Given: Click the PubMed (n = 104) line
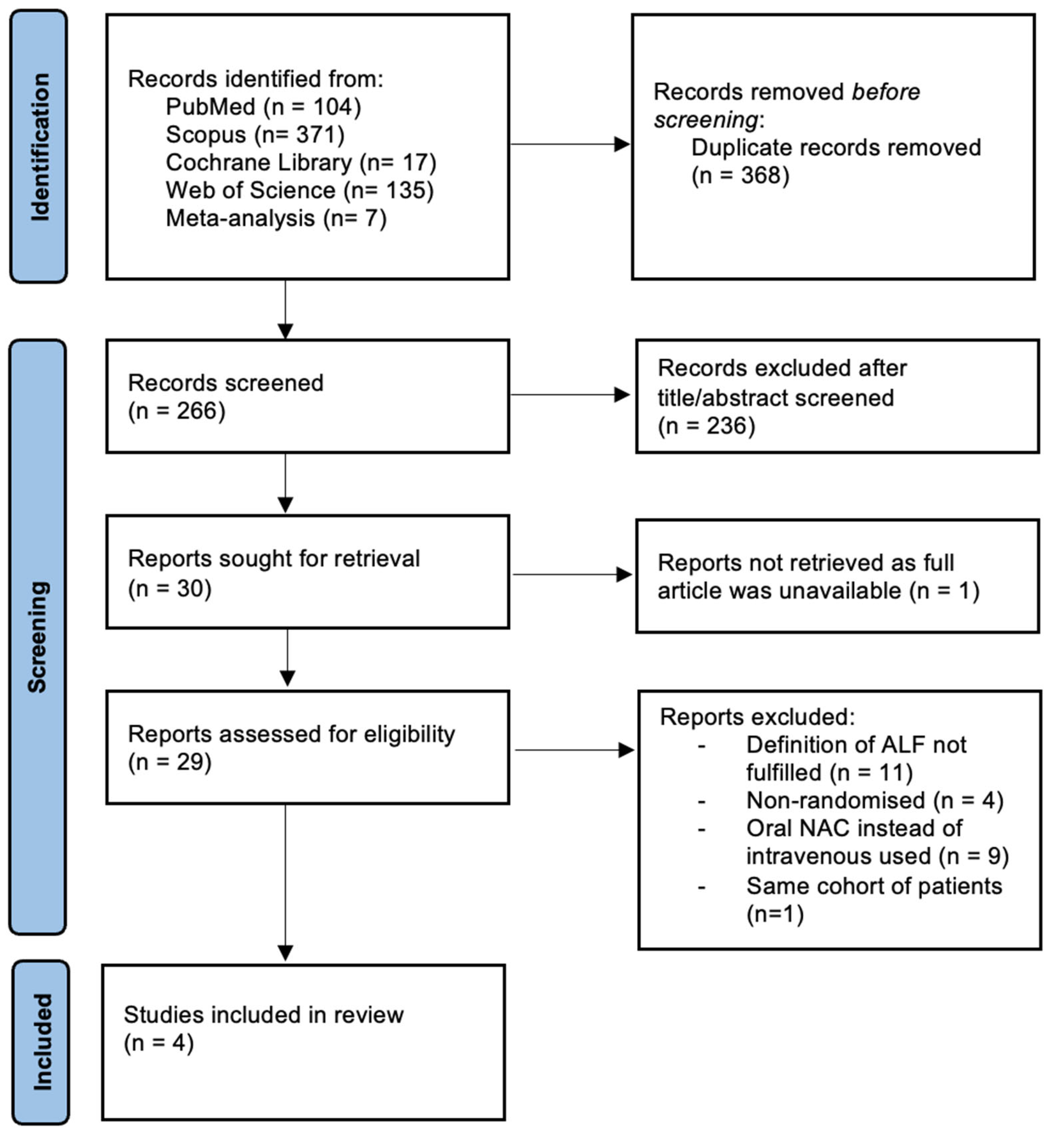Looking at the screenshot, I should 263,107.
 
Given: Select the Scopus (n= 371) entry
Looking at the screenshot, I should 255,135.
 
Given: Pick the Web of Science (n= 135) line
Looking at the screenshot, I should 299,191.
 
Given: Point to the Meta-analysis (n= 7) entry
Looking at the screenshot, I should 276,218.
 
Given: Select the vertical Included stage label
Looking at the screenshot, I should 41,1042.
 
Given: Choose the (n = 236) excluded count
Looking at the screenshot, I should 706,426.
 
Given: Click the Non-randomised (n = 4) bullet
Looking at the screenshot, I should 874,801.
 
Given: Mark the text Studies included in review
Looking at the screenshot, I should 263,1015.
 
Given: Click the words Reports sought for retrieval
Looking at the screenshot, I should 274,559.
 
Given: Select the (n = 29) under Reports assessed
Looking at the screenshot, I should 169,762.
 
